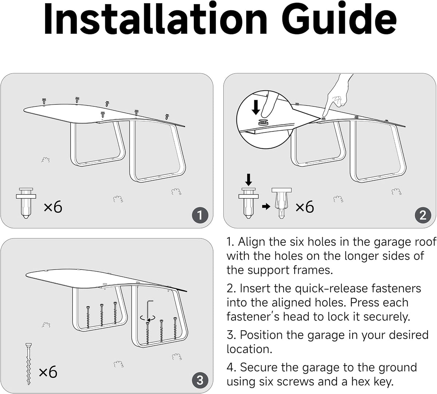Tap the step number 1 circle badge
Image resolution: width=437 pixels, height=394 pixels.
tap(200, 215)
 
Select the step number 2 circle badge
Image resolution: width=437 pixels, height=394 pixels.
tap(423, 215)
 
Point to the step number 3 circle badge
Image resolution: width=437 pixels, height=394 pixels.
tap(200, 381)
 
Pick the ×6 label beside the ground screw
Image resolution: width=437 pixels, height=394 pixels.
tap(48, 372)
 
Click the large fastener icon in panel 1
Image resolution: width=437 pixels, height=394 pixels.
tap(26, 203)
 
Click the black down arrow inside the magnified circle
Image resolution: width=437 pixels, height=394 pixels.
tap(256, 107)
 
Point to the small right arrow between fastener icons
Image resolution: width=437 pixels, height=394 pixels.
tap(266, 206)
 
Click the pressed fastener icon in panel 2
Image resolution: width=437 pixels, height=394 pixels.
tap(282, 203)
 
